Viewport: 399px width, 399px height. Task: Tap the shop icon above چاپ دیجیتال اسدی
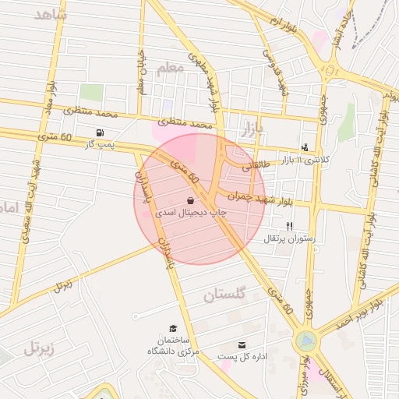coord(190,200)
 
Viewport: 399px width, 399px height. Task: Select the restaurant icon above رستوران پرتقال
coord(289,226)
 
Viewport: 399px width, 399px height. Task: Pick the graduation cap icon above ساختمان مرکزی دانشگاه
coord(172,330)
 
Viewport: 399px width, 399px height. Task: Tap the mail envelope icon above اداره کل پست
coord(242,344)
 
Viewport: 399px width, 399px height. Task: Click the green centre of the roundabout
coord(306,341)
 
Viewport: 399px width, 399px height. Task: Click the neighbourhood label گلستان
coord(224,295)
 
